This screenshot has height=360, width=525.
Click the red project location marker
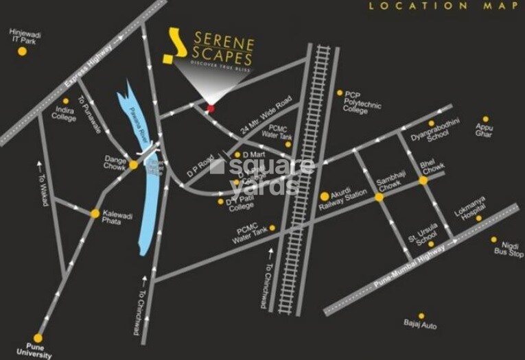[211, 108]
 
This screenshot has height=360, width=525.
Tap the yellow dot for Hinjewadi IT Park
[22, 51]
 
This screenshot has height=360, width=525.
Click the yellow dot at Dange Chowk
[133, 165]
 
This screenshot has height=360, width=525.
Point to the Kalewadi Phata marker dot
[95, 213]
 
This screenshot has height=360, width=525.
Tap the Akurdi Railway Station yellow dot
[325, 197]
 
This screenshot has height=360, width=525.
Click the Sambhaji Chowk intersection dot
[378, 197]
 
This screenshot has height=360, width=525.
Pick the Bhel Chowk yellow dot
[423, 181]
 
